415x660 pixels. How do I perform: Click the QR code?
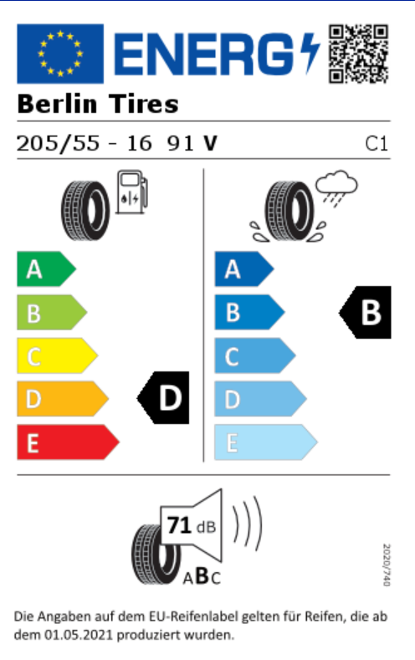pos(358,54)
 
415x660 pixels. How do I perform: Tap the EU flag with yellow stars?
pos(60,54)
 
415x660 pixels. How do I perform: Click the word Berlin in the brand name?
pos(57,104)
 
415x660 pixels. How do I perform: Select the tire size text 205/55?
pos(58,143)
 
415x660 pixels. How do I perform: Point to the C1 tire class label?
pos(377,144)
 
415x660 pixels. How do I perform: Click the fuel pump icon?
pos(131,192)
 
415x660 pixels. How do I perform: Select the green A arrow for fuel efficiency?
pos(46,269)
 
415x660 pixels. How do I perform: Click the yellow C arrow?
pos(57,356)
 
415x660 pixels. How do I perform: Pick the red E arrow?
pos(68,442)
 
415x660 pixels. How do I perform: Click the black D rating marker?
pos(163,398)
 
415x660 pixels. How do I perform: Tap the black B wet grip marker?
pos(366,312)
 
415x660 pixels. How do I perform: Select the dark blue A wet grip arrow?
pos(244,269)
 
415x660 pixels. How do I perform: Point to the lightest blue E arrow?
pos(266,442)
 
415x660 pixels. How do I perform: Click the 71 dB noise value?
pos(192,525)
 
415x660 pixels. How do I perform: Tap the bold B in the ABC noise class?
pos(202,576)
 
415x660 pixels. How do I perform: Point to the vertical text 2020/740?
pos(387,565)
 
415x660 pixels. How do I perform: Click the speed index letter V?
pos(210,143)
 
